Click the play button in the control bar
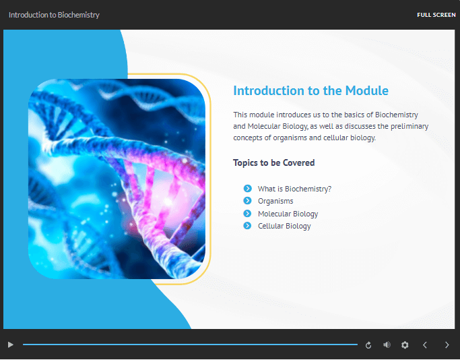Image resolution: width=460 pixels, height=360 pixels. [x=11, y=344]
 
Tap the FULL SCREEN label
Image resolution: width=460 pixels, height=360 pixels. [x=436, y=15]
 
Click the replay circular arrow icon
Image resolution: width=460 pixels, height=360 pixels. [x=368, y=345]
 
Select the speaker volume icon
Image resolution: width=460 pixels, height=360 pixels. [x=387, y=344]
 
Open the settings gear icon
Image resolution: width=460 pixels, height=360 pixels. [x=405, y=345]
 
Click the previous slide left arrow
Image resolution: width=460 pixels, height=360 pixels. [x=425, y=345]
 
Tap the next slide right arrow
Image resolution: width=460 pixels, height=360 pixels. [x=447, y=345]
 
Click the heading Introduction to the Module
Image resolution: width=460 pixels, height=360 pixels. [x=310, y=90]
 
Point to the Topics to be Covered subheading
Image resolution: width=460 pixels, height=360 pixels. [x=273, y=162]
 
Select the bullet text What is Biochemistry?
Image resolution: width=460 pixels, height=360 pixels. [x=294, y=189]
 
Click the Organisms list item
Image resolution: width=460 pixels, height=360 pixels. [x=275, y=201]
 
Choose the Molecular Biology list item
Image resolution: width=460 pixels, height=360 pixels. [x=288, y=214]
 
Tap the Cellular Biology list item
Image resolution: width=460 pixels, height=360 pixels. [x=284, y=226]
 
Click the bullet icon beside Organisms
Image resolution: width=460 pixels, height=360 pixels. [x=248, y=200]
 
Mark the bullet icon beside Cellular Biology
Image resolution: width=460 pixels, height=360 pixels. [x=248, y=226]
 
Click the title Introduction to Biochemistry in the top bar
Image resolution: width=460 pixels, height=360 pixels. [x=54, y=15]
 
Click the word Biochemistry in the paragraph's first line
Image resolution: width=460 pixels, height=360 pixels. [x=397, y=115]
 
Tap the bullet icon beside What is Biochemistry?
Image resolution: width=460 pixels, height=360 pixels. [x=248, y=188]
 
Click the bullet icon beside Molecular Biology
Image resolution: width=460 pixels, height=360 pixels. [x=248, y=213]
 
